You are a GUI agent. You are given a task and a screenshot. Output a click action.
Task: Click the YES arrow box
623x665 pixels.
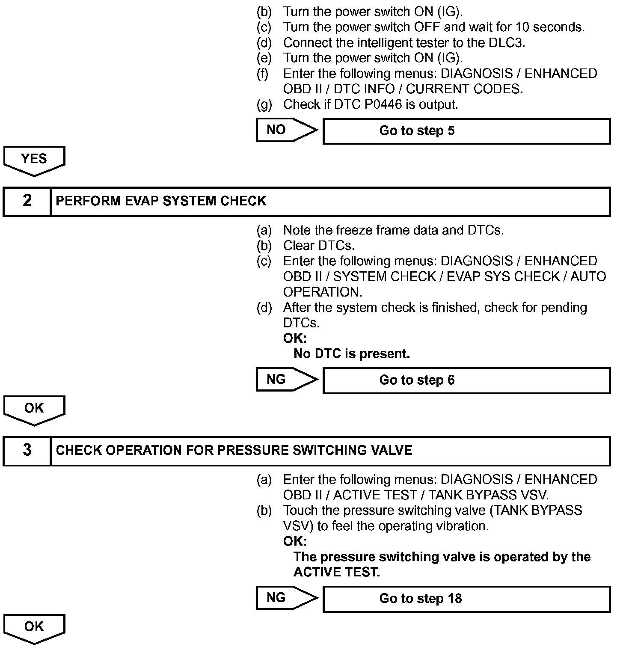pyautogui.click(x=34, y=160)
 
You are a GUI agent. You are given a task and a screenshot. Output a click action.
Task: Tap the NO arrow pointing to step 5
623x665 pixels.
pyautogui.click(x=286, y=130)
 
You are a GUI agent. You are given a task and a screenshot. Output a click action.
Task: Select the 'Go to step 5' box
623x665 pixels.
pyautogui.click(x=466, y=131)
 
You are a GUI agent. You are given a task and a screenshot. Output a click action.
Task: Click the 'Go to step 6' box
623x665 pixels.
pyautogui.click(x=466, y=380)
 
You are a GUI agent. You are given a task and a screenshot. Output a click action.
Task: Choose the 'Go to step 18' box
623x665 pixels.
pyautogui.click(x=466, y=599)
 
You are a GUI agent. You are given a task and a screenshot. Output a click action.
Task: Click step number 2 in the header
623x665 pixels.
pyautogui.click(x=27, y=201)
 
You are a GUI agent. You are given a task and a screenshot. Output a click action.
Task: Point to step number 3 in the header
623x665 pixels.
pyautogui.click(x=27, y=451)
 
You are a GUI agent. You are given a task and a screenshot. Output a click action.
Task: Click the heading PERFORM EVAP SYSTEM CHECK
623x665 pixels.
pyautogui.click(x=161, y=201)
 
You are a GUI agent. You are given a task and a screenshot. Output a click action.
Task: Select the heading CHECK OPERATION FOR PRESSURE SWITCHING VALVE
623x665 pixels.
pyautogui.click(x=234, y=451)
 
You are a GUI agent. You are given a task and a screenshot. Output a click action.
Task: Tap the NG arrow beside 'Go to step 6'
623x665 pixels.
pyautogui.click(x=286, y=380)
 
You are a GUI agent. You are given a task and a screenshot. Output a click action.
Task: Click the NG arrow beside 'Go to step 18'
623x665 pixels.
pyautogui.click(x=286, y=598)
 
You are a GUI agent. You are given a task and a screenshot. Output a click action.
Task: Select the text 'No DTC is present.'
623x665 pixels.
pyautogui.click(x=352, y=354)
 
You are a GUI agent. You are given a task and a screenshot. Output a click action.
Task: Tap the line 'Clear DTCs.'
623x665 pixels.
pyautogui.click(x=319, y=246)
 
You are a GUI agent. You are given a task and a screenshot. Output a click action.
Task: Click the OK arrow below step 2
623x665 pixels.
pyautogui.click(x=34, y=409)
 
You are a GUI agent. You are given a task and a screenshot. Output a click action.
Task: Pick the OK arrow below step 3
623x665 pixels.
pyautogui.click(x=34, y=628)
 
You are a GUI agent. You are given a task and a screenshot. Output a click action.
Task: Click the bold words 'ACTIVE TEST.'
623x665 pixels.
pyautogui.click(x=337, y=572)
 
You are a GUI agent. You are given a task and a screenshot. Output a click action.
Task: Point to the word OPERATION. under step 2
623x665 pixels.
pyautogui.click(x=323, y=292)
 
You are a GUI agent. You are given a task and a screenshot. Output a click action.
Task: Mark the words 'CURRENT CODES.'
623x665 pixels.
pyautogui.click(x=464, y=89)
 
